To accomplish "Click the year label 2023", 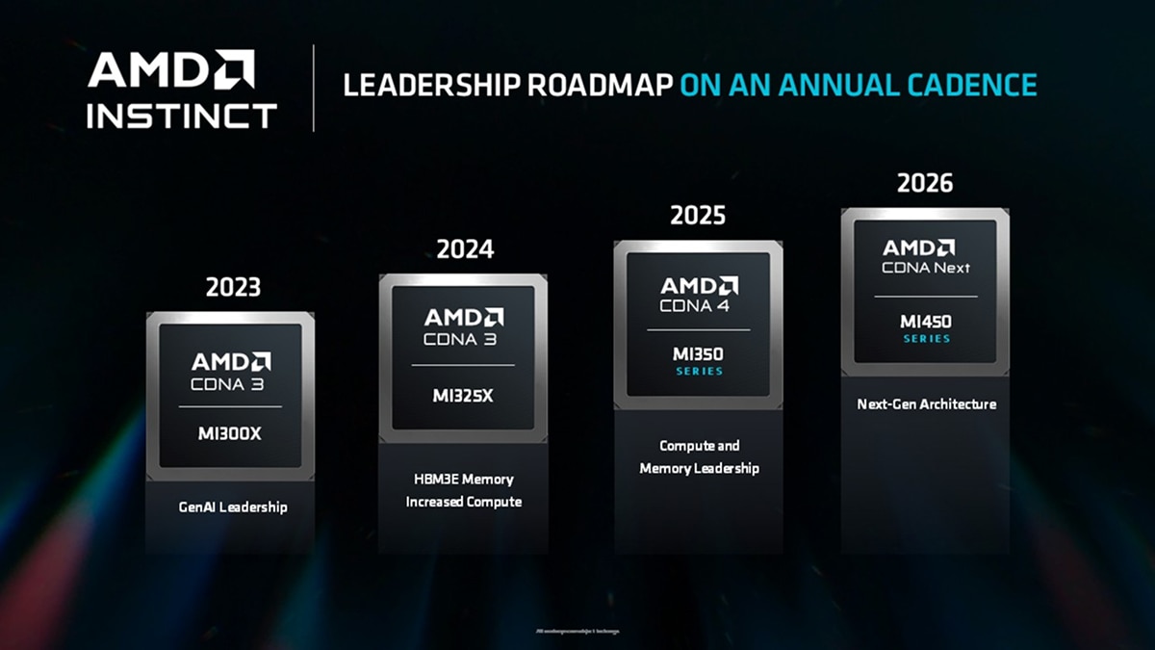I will point(233,287).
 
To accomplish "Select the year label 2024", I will point(465,249).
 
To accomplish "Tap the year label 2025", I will point(698,215).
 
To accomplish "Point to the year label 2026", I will point(925,183).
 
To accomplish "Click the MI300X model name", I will point(230,434).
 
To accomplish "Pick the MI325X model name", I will point(462,396).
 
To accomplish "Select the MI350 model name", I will point(698,354).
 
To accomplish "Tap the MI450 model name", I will point(926,322).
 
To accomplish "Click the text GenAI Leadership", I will point(233,507).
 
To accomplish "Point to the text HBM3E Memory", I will point(463,479).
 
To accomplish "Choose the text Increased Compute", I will point(463,502).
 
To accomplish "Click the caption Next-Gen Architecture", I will point(926,404).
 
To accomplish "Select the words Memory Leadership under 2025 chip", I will point(699,469).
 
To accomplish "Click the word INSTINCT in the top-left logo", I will point(181,116).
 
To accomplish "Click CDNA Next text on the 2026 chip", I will point(926,268).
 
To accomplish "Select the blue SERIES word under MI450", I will point(926,339).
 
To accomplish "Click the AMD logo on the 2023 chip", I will point(231,361).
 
